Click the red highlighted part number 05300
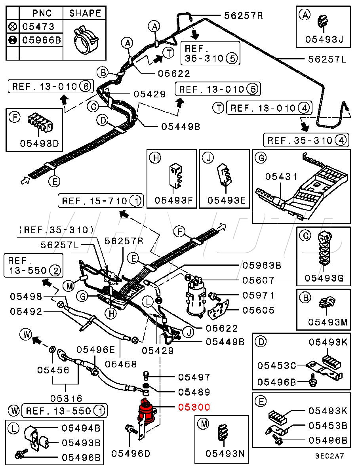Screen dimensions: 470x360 [194, 407]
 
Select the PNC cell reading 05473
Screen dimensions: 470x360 [38, 27]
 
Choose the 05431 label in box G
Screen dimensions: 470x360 [281, 177]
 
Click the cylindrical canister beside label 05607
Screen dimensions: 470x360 [195, 298]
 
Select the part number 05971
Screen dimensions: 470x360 [259, 295]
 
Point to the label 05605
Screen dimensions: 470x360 [259, 310]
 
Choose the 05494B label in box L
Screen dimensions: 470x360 [81, 428]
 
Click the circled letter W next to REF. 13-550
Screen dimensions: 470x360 [15, 411]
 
